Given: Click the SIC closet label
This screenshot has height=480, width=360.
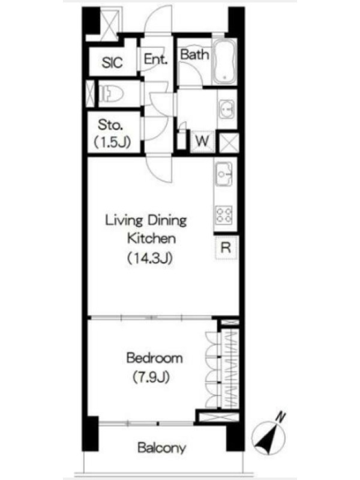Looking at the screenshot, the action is pyautogui.click(x=112, y=62).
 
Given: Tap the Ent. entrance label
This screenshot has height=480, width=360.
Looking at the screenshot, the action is pyautogui.click(x=156, y=59).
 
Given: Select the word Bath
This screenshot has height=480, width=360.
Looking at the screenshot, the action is pyautogui.click(x=194, y=55).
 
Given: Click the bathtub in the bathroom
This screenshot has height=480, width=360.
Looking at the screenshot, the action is pyautogui.click(x=224, y=62).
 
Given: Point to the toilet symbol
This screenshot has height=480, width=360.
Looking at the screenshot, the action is pyautogui.click(x=111, y=94).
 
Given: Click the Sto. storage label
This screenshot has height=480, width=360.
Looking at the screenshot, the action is pyautogui.click(x=110, y=125).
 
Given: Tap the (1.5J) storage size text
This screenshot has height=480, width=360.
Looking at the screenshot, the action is pyautogui.click(x=112, y=142).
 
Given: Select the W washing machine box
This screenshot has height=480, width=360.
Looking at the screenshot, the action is pyautogui.click(x=202, y=141).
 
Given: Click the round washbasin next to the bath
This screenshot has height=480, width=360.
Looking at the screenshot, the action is pyautogui.click(x=227, y=109).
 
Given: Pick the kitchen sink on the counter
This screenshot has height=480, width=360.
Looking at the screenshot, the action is pyautogui.click(x=224, y=174).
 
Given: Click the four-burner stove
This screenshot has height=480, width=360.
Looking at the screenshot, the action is pyautogui.click(x=224, y=215).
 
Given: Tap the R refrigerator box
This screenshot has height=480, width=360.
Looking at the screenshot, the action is pyautogui.click(x=226, y=247).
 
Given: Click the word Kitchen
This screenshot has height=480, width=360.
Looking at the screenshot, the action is pyautogui.click(x=151, y=238).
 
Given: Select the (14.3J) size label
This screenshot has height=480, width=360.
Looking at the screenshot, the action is pyautogui.click(x=149, y=258).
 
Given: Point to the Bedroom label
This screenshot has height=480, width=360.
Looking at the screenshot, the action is pyautogui.click(x=154, y=358).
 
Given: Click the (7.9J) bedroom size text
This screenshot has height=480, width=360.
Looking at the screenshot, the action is pyautogui.click(x=151, y=377).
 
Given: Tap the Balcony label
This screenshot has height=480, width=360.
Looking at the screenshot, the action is pyautogui.click(x=161, y=448).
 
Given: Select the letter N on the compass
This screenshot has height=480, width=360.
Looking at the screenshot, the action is pyautogui.click(x=280, y=417).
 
